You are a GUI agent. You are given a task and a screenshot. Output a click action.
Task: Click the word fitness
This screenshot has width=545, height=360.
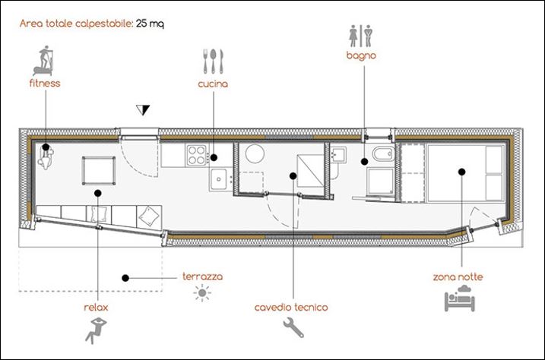coord(45,84)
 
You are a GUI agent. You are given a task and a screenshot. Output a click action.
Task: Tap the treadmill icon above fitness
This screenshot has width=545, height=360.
coord(43,61)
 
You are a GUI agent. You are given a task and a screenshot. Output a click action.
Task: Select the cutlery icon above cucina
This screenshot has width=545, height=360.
coord(213,61)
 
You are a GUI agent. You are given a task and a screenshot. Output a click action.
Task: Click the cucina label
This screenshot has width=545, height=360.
coord(213,84)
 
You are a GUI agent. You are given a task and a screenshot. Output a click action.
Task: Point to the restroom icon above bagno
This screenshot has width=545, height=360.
coord(361,36)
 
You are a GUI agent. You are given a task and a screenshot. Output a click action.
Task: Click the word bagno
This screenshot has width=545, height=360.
coord(361,55)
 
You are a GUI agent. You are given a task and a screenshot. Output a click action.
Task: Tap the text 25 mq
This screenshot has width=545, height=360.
coord(150,24)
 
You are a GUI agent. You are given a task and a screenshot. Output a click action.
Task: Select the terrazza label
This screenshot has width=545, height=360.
coord(203,276)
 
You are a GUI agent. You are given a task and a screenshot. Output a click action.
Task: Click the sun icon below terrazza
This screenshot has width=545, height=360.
coord(202,293)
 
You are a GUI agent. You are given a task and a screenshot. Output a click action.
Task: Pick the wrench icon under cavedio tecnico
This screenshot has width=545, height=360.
coord(293,328)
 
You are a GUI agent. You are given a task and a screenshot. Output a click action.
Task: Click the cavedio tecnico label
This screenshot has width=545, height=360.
coord(291,308)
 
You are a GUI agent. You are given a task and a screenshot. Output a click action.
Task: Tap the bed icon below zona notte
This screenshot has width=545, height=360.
coord(460,298)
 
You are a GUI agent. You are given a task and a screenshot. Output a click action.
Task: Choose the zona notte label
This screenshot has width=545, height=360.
coord(458,277)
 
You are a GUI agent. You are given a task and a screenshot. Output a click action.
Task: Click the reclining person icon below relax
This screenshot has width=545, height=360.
coord(96,330)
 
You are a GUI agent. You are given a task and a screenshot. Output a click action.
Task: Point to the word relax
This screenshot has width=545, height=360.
coord(96,308)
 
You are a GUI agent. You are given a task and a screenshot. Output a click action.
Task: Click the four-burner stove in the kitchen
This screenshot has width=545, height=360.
coord(197,155)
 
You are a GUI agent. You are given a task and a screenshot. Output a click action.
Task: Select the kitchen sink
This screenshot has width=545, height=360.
coord(219,179)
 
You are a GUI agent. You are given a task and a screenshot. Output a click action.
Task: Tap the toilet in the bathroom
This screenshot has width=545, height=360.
coord(383,153)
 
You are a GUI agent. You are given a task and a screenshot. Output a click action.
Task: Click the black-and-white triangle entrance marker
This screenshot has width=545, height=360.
coord(143,109)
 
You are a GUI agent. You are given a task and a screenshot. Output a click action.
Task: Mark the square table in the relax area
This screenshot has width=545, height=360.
coord(99,171)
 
